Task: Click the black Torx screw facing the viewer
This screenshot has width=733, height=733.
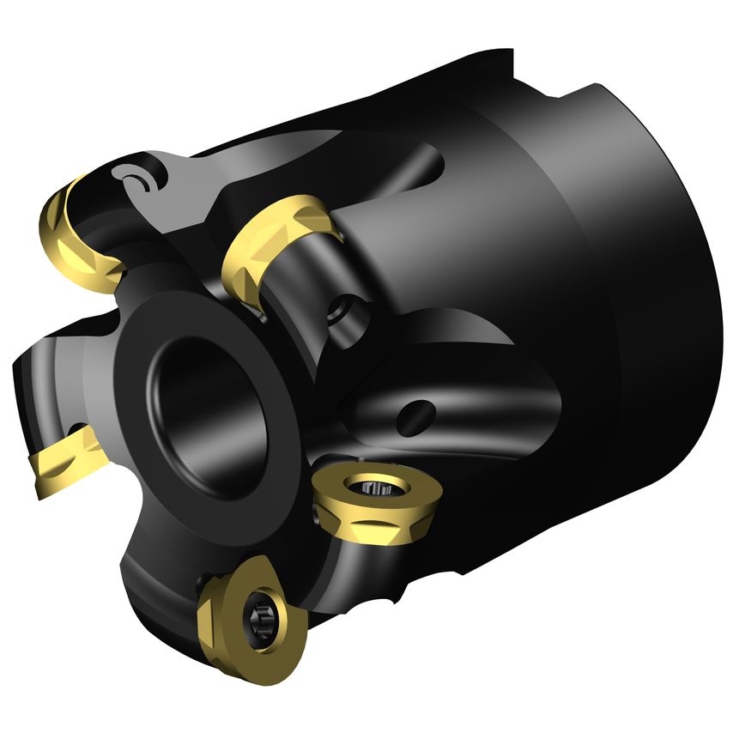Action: [257, 616]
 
